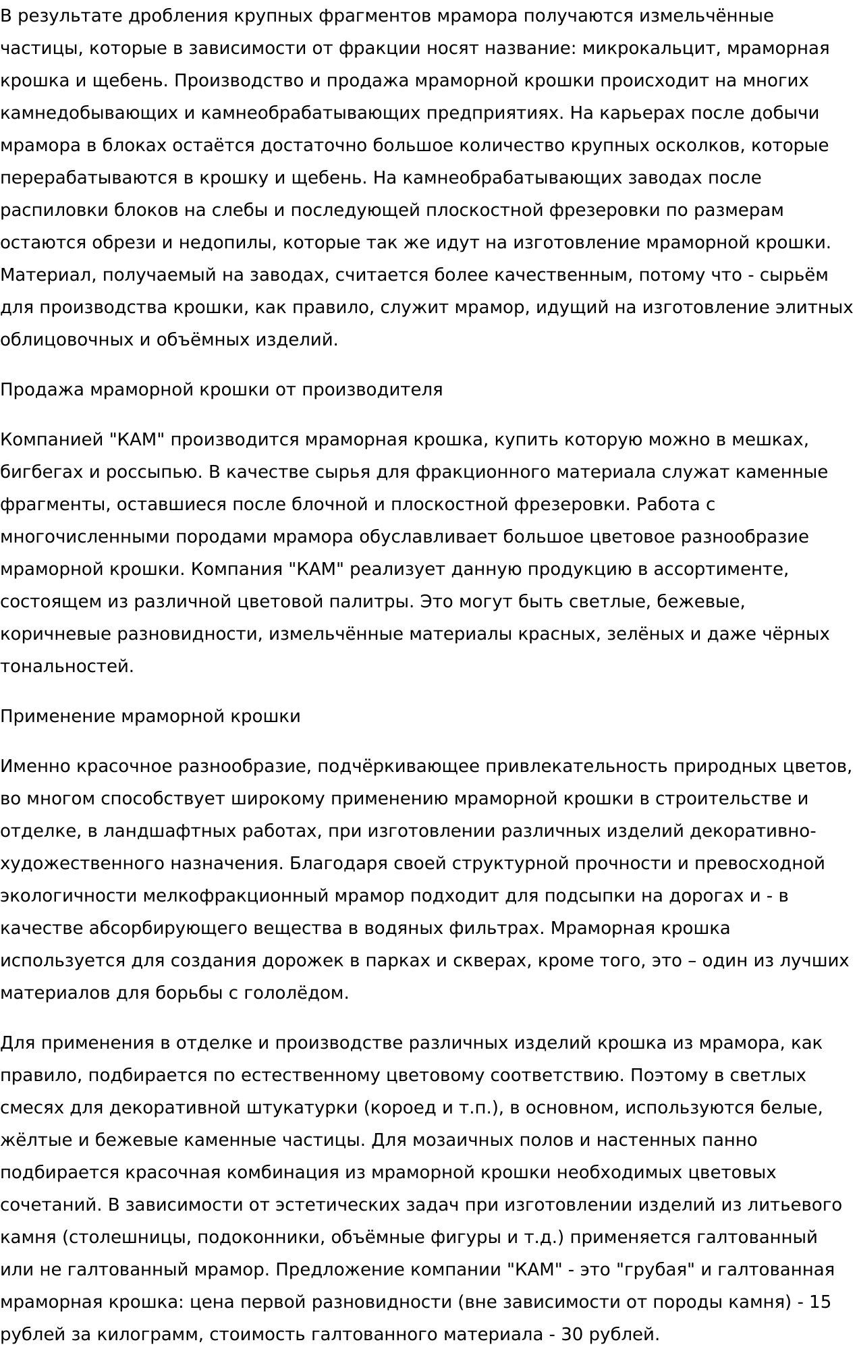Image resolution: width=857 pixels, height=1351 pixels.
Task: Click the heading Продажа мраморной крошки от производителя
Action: (221, 390)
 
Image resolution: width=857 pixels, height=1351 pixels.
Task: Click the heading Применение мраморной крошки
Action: (150, 717)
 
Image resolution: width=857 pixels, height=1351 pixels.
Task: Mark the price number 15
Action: (820, 1302)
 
